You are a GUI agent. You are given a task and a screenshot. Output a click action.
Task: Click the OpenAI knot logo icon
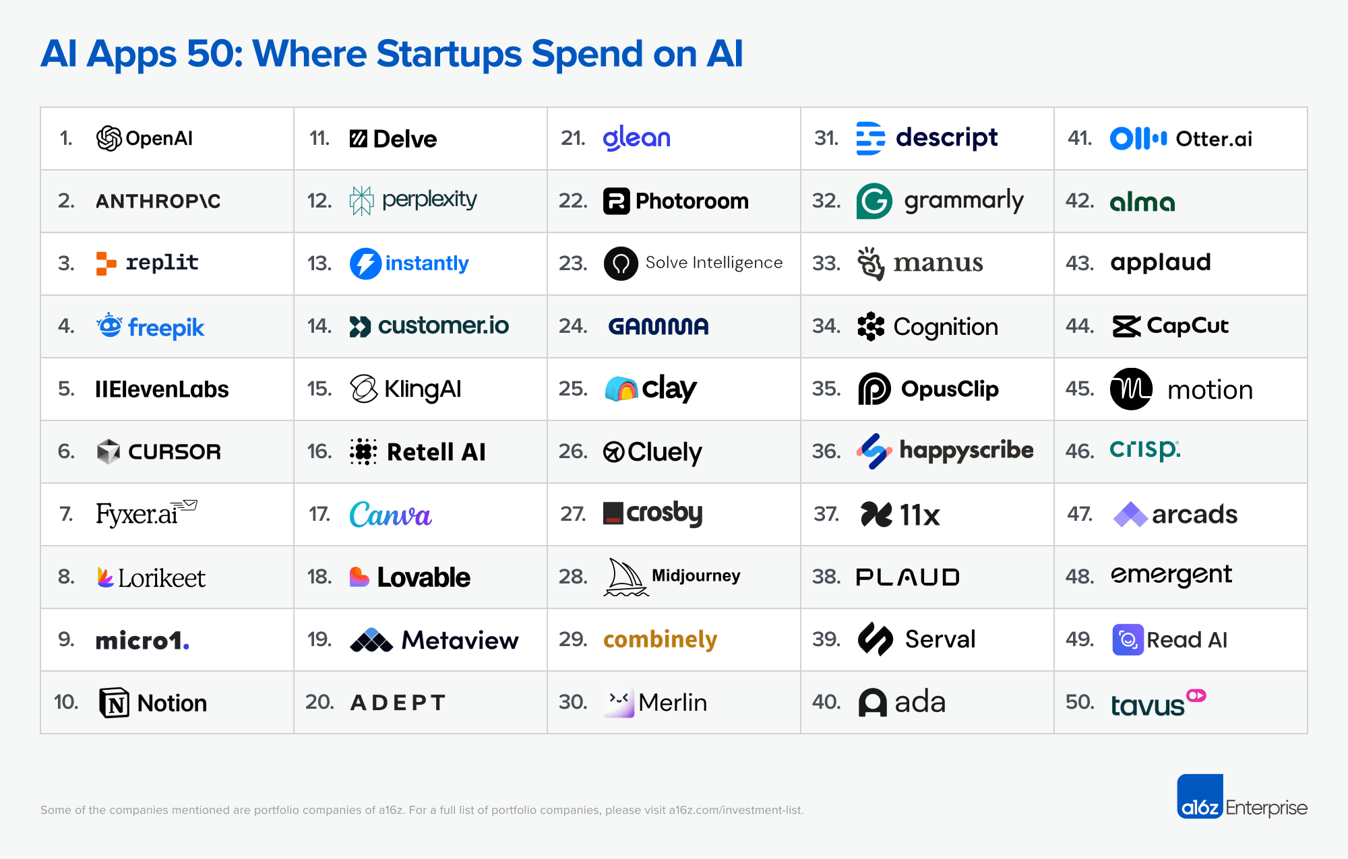click(x=109, y=139)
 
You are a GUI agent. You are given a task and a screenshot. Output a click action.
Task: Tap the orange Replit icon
click(x=106, y=263)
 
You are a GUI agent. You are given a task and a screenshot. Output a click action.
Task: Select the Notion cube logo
click(x=114, y=703)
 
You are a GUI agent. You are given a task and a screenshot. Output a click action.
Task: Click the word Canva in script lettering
click(x=390, y=515)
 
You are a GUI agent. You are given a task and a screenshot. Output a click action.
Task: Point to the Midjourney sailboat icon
click(x=625, y=577)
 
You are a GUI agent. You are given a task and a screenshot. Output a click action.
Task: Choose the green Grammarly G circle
click(x=874, y=201)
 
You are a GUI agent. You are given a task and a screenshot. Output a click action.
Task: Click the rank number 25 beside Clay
click(x=573, y=389)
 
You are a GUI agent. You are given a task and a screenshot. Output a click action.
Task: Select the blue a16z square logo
click(x=1200, y=796)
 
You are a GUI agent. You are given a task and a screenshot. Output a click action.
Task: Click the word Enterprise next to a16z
click(x=1266, y=808)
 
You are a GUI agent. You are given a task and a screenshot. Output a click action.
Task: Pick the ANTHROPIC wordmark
click(x=158, y=201)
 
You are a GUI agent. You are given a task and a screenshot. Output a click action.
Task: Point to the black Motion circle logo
click(x=1131, y=389)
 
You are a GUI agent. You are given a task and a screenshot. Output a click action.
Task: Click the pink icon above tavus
click(x=1196, y=695)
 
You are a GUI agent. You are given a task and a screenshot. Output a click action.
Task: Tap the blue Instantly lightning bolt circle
click(x=366, y=263)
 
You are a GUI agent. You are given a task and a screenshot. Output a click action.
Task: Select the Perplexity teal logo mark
click(x=361, y=201)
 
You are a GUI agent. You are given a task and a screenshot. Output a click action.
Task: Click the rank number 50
click(x=1080, y=702)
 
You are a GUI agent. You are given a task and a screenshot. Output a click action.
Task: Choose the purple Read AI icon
click(x=1128, y=639)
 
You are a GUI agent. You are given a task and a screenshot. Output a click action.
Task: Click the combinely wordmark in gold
click(x=660, y=639)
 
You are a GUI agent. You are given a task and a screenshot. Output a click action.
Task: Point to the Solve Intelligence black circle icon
click(x=621, y=263)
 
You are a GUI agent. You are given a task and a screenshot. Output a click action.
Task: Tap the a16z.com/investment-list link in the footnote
click(x=735, y=810)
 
